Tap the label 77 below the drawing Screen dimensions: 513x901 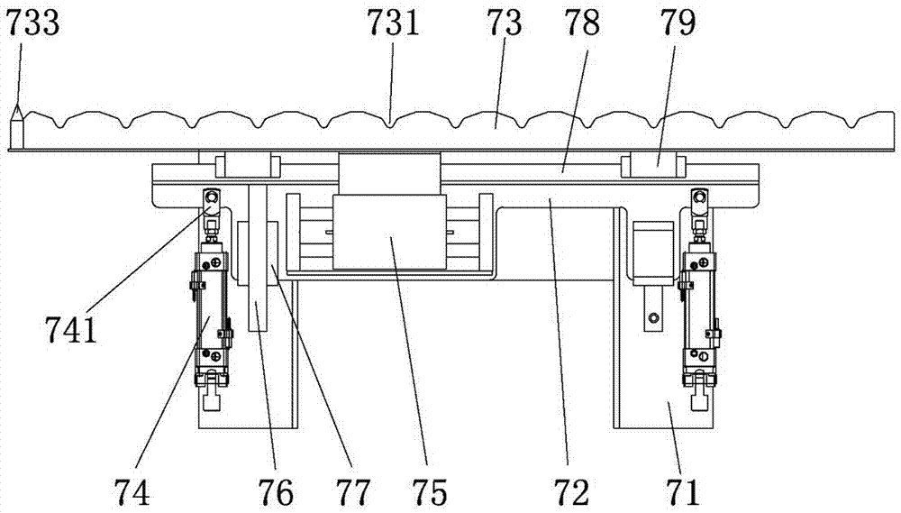pos(352,491)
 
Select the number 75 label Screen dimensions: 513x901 pos(429,491)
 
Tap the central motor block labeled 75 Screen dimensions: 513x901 pos(390,232)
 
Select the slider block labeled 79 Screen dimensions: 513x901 pos(654,165)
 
